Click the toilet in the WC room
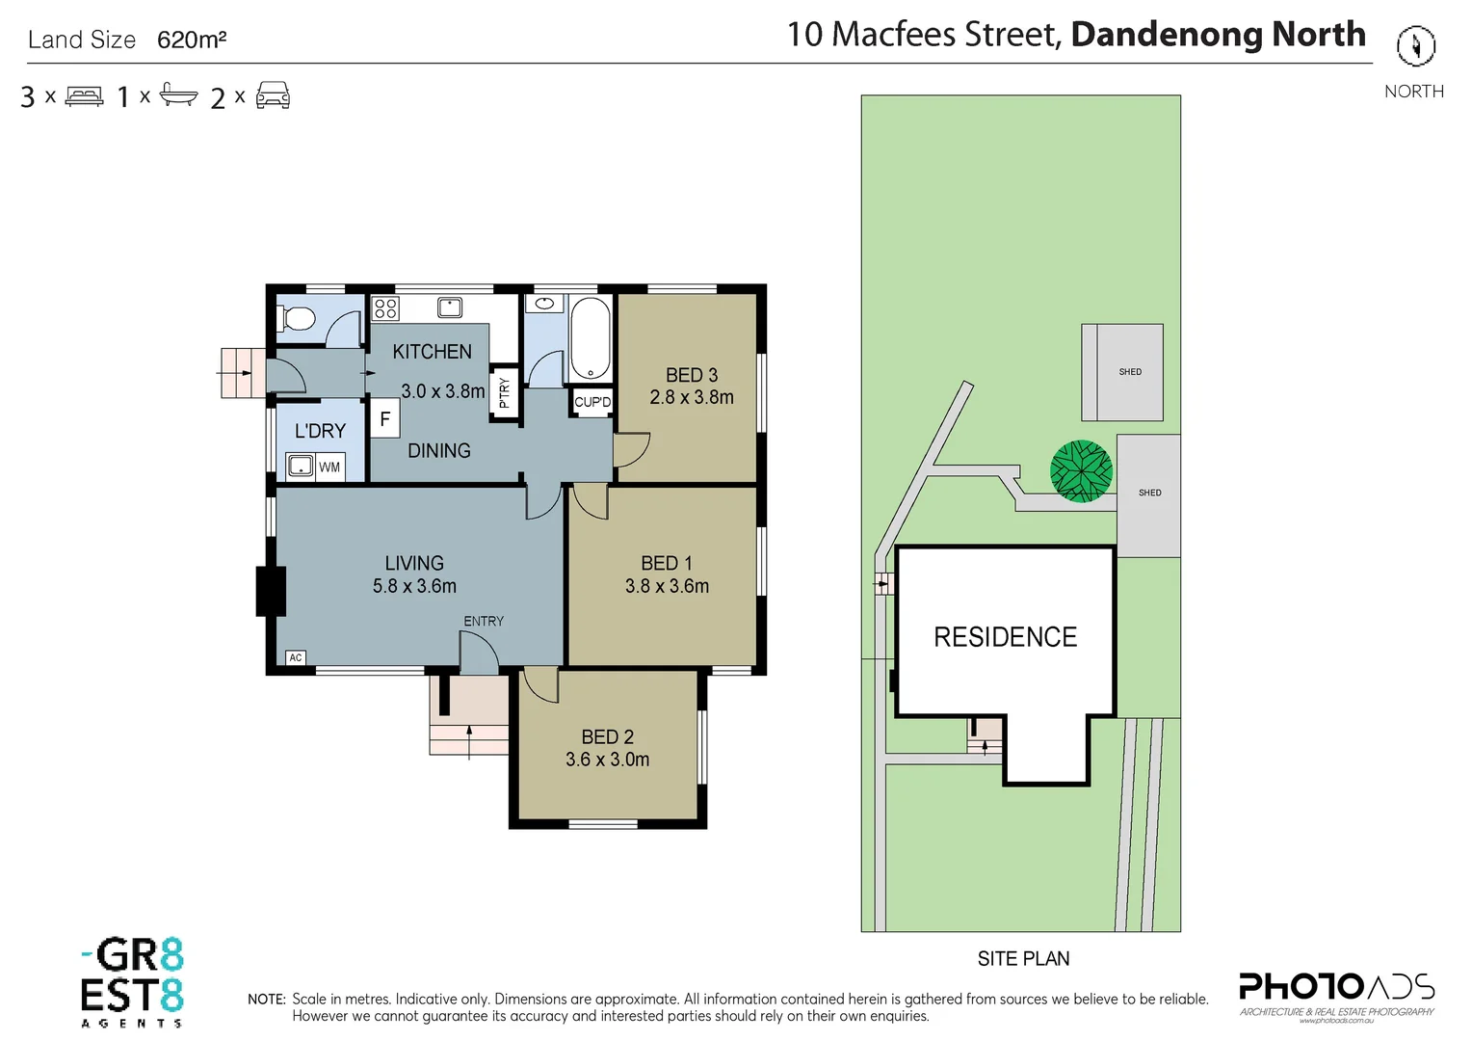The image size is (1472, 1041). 296,318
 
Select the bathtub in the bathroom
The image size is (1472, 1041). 591,339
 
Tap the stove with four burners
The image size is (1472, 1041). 385,308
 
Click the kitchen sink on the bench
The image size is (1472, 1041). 449,307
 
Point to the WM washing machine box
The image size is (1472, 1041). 329,467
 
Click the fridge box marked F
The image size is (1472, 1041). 384,419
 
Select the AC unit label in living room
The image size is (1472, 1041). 296,657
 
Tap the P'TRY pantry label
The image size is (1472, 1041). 504,392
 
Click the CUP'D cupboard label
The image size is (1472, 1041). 592,402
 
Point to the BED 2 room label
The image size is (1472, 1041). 607,736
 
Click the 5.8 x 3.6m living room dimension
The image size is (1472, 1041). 414,586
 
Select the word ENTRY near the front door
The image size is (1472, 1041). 484,622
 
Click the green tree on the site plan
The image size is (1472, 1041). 1081,471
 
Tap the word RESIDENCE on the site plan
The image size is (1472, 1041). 1005,637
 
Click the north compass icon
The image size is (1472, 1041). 1415,45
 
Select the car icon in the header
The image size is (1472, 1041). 273,95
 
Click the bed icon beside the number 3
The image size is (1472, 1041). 84,96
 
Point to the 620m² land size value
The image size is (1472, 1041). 192,40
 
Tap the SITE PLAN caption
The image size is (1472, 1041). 1023,958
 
